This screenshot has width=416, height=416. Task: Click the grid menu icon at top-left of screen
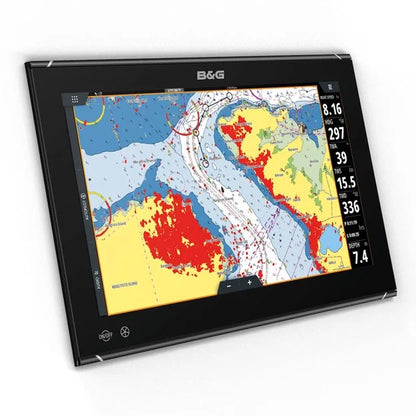(x=72, y=98)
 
